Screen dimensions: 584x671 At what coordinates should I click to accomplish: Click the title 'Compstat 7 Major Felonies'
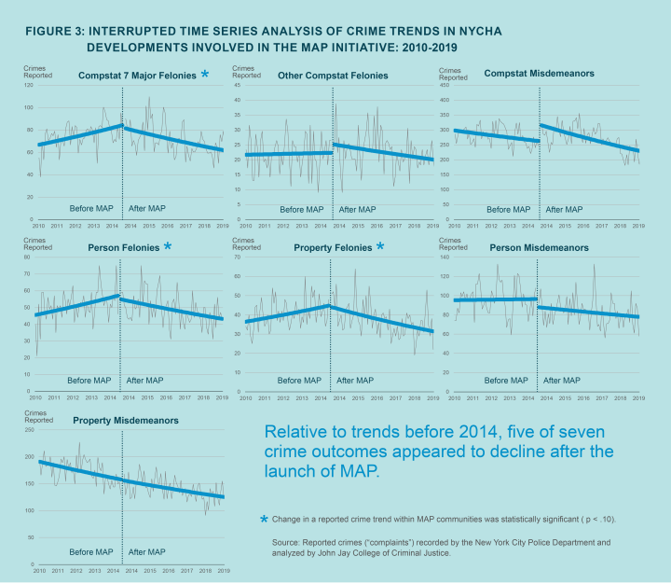pos(137,74)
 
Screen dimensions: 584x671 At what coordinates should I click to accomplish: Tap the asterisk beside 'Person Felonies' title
pos(167,246)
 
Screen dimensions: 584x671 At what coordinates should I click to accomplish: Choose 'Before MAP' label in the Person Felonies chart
pos(90,381)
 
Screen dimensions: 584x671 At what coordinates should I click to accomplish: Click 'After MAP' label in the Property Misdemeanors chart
pos(145,552)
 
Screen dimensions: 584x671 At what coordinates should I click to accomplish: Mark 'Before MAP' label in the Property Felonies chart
pos(299,381)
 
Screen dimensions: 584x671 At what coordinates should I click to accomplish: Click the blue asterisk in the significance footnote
pos(265,519)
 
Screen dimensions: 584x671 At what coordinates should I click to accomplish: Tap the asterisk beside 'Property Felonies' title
pos(380,246)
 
